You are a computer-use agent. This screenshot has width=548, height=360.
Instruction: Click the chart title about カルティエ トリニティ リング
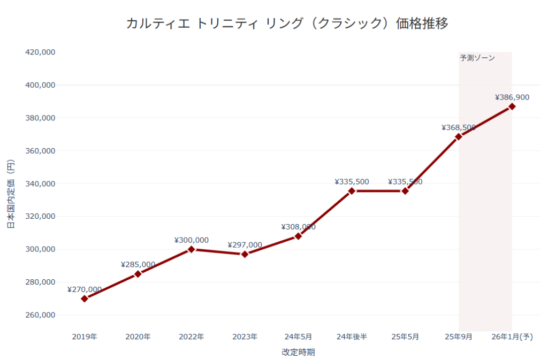click(x=287, y=24)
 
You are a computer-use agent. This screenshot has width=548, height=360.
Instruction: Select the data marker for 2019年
click(x=85, y=298)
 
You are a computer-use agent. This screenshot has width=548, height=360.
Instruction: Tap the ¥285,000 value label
click(x=138, y=264)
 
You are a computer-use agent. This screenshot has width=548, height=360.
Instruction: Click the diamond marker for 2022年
click(x=192, y=249)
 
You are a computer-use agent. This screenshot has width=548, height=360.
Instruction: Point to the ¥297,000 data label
click(x=245, y=245)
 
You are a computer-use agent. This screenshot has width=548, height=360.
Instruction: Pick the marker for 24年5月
click(x=298, y=236)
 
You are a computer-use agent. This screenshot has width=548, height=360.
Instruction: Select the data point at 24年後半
click(x=352, y=191)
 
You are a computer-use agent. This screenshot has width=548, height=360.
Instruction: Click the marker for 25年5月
click(x=405, y=191)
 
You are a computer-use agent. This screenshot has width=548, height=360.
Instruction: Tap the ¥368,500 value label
click(x=459, y=127)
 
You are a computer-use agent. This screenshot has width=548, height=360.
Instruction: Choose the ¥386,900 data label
click(x=512, y=97)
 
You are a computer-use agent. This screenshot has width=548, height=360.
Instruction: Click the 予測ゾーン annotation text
click(x=477, y=58)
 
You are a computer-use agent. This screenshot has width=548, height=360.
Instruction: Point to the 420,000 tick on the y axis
click(x=41, y=52)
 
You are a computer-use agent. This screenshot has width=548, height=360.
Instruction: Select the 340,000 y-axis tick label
click(x=41, y=183)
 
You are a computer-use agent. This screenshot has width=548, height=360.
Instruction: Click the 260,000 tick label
click(x=41, y=315)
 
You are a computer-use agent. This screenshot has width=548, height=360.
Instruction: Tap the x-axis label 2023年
click(x=245, y=337)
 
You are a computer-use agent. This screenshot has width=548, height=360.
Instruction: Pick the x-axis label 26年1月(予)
click(x=512, y=337)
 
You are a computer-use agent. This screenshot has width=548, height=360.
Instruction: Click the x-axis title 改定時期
click(x=298, y=352)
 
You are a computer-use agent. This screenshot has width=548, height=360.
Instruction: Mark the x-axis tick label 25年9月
click(x=459, y=337)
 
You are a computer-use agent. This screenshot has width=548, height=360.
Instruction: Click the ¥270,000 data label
click(x=85, y=289)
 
